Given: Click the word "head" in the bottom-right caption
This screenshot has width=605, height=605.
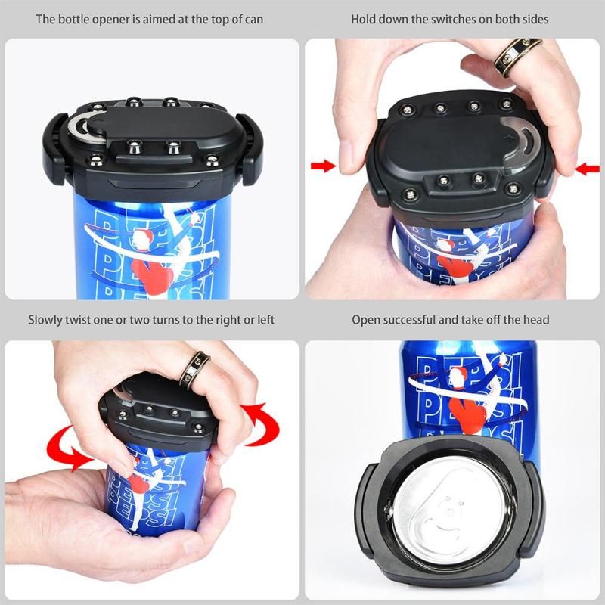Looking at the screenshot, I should [535, 320].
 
